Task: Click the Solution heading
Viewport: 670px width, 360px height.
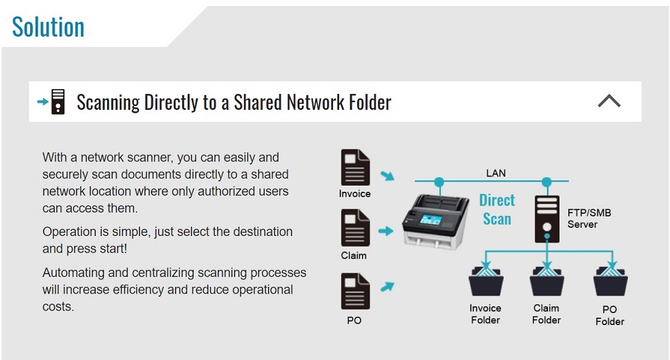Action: click(x=48, y=27)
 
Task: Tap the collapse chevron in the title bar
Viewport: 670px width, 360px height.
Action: click(x=608, y=101)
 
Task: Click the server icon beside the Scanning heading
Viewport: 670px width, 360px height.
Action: click(x=58, y=102)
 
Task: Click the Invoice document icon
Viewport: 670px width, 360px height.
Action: click(x=355, y=167)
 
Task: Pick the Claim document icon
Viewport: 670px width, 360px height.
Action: click(x=355, y=229)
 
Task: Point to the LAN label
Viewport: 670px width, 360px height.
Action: click(x=496, y=173)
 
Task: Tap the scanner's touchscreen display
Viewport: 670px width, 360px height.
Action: click(x=429, y=219)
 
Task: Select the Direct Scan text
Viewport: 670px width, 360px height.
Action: click(x=497, y=209)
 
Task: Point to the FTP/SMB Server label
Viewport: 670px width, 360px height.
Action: click(x=589, y=219)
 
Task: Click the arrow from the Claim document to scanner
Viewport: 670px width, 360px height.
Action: click(x=386, y=231)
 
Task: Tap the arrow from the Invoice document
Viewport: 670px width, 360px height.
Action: click(x=387, y=177)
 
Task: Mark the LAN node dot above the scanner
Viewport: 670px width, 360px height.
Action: click(x=439, y=181)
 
